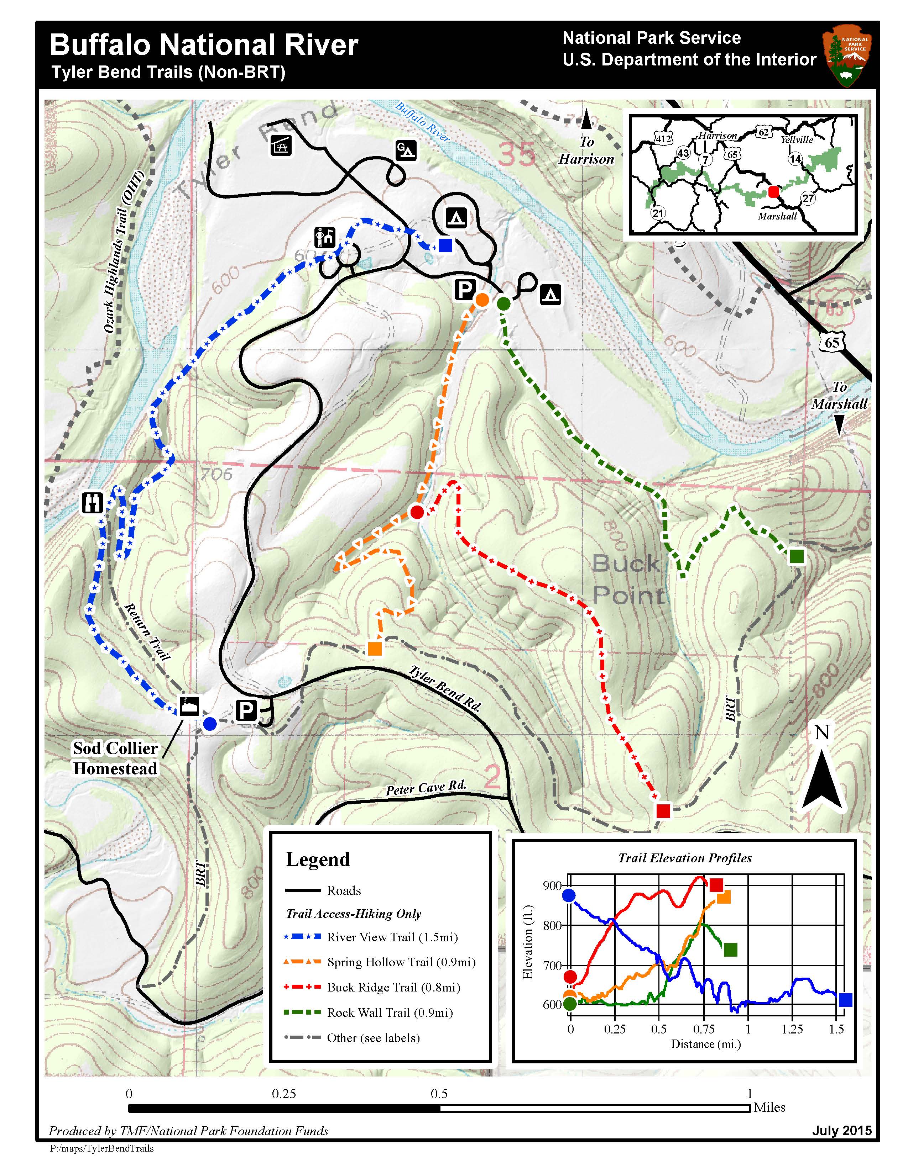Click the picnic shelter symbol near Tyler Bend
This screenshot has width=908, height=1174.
281,145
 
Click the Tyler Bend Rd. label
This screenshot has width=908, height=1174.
444,689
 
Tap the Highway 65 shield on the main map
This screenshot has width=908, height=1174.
831,342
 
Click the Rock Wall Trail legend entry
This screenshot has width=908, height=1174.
390,1013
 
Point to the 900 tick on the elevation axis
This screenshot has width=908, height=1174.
552,885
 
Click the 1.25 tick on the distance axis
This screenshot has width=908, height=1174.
792,1029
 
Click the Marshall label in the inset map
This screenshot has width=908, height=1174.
777,216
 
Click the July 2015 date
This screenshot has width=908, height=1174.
841,1131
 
